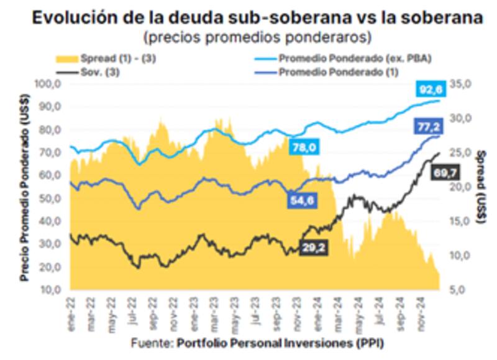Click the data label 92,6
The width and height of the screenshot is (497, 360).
[429, 90]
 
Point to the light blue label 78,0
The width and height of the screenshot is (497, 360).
[304, 147]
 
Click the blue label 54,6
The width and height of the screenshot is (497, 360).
[304, 200]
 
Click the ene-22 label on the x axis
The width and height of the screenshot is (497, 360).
[73, 315]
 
